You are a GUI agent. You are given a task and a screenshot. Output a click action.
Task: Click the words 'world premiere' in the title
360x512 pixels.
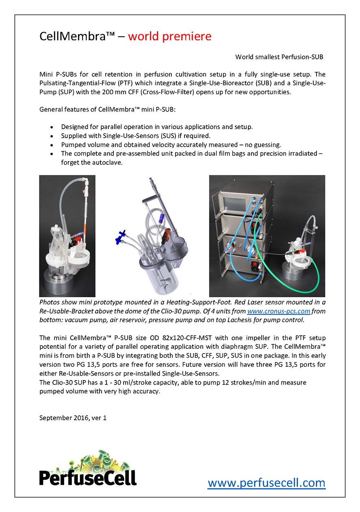[x=169, y=37]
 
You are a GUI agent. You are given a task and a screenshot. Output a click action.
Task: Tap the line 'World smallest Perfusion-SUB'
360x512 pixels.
[x=279, y=57]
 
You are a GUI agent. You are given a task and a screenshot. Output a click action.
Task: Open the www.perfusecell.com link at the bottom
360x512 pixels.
[x=266, y=483]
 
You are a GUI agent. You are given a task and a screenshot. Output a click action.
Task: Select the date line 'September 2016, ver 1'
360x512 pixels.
[x=73, y=417]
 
